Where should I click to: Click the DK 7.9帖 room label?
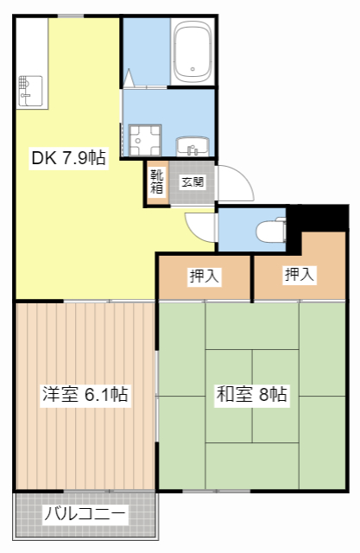pos(68,158)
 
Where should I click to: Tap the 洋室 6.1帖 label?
pos(85,395)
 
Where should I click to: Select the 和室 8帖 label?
pos(251,395)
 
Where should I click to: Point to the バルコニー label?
pos(85,516)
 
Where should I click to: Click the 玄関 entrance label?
pos(193,181)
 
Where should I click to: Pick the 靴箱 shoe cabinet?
pos(157,182)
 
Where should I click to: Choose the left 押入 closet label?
pos(205,276)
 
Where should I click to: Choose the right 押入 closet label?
pos(300,275)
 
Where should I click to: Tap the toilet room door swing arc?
pos(199,226)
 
